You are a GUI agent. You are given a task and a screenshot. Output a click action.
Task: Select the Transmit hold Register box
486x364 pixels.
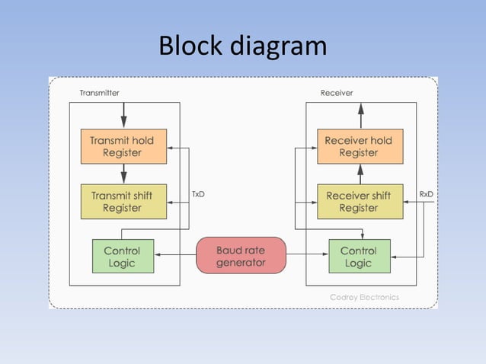click(x=123, y=147)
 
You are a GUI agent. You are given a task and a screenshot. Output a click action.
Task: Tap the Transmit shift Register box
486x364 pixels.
click(x=123, y=201)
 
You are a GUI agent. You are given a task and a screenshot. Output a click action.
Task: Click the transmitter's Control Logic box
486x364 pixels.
click(x=122, y=257)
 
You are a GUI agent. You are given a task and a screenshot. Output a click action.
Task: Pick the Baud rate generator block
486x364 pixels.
click(x=241, y=256)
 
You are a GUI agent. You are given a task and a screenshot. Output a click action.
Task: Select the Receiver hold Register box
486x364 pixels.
click(x=358, y=147)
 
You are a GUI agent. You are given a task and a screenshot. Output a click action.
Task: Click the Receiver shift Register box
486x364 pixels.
click(x=358, y=201)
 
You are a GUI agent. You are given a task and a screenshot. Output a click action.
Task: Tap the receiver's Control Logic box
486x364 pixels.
click(x=358, y=257)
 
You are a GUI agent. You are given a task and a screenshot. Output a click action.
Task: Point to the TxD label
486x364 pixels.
click(x=198, y=194)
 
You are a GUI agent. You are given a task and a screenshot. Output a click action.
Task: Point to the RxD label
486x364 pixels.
click(x=427, y=194)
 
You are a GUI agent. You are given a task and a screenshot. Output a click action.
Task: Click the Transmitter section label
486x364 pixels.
click(x=99, y=93)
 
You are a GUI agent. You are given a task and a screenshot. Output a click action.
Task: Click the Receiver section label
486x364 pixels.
click(x=337, y=93)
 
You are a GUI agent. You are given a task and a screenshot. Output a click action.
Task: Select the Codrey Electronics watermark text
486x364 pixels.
click(x=364, y=297)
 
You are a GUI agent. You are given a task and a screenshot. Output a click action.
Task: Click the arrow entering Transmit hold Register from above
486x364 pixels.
click(x=123, y=116)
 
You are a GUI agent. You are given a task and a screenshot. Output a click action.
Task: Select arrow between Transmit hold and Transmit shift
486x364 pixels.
click(x=123, y=174)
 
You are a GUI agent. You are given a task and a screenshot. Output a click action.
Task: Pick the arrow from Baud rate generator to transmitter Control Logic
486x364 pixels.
click(x=174, y=256)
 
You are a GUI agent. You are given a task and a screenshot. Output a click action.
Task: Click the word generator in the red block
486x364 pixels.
click(x=241, y=263)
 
